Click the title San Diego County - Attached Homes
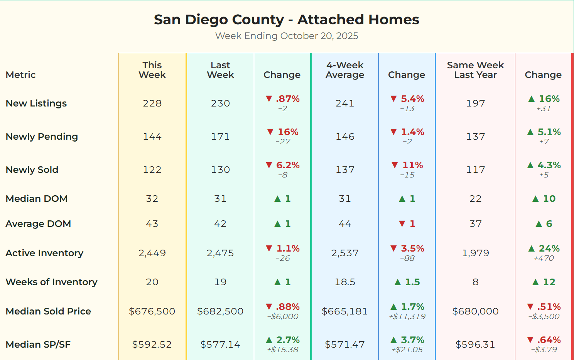coord(286,20)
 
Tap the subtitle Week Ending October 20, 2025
coord(286,36)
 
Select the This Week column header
coord(152,70)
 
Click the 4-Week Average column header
coord(344,70)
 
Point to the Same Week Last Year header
coord(475,70)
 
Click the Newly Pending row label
coord(42,137)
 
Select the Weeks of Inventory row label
coord(51,282)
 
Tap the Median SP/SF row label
coord(38,345)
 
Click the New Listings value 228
coord(152,103)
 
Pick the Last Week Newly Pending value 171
coord(220,137)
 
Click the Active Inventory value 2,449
coord(152,253)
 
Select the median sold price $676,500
coord(152,311)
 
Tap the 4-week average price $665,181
coord(344,311)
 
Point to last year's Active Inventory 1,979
coord(475,253)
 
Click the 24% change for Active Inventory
coord(549,248)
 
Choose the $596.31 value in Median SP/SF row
coord(475,345)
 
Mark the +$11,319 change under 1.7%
coord(407,317)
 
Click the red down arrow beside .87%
coord(269,99)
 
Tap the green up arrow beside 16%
coord(531,99)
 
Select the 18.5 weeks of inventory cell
coord(344,282)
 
